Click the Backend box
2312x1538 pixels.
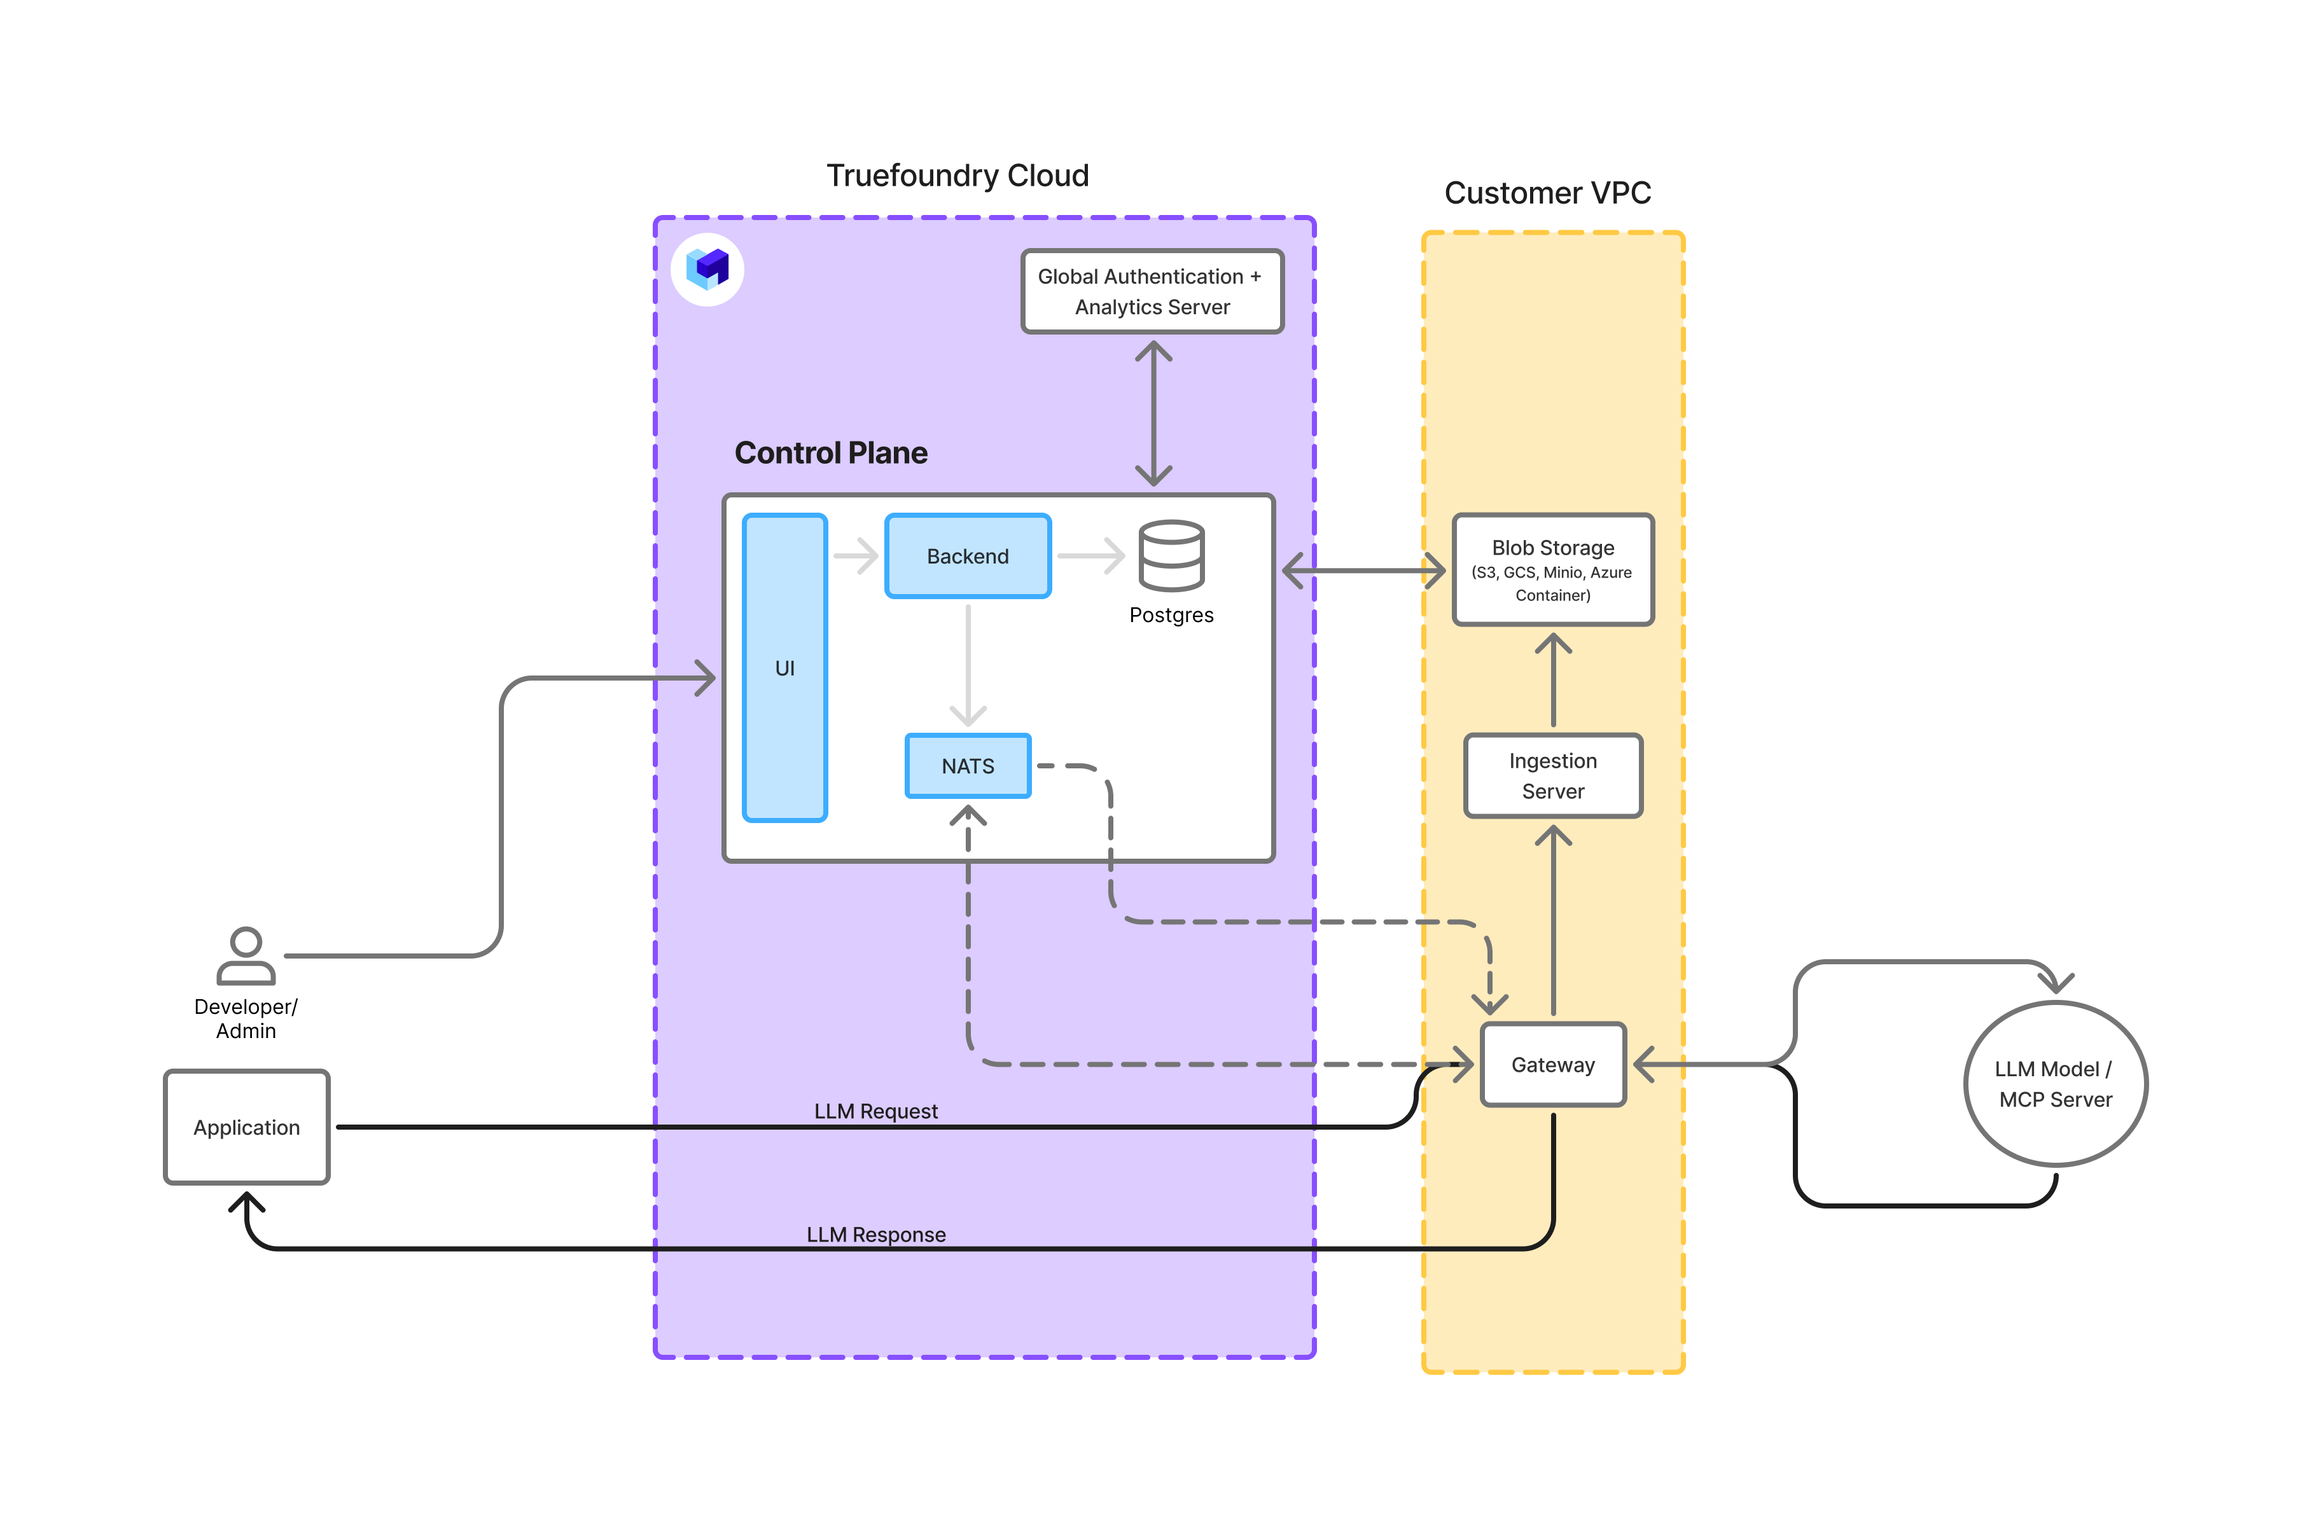(967, 556)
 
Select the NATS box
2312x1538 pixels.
(967, 766)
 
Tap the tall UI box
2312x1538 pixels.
(784, 668)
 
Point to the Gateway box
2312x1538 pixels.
(1553, 1064)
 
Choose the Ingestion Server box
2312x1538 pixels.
(1553, 776)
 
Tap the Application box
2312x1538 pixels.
(246, 1127)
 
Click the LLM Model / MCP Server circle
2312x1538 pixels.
(2055, 1084)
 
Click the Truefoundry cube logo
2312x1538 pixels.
(707, 269)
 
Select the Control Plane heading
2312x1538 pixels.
(831, 453)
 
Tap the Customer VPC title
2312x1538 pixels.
(1547, 193)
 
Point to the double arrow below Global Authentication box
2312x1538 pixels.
(1153, 413)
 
